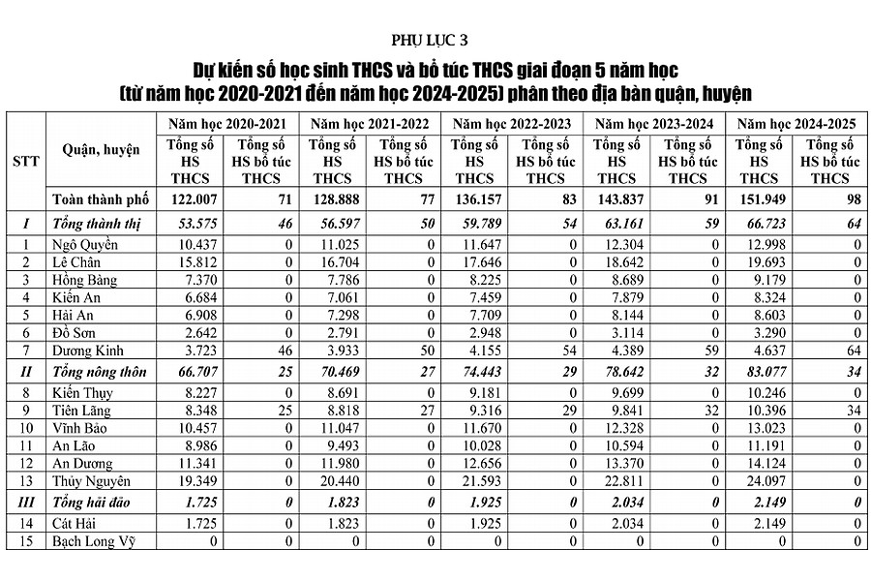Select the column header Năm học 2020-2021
[x=227, y=124]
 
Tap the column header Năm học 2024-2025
[x=796, y=124]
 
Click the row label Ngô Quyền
[x=83, y=244]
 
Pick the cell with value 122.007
[x=195, y=199]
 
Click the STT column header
[x=26, y=160]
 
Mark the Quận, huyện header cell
[x=101, y=150]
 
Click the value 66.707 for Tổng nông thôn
[x=195, y=371]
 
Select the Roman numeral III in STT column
[x=26, y=503]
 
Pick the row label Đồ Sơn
[x=75, y=332]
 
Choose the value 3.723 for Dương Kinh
[x=198, y=351]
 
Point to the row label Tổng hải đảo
[x=92, y=503]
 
